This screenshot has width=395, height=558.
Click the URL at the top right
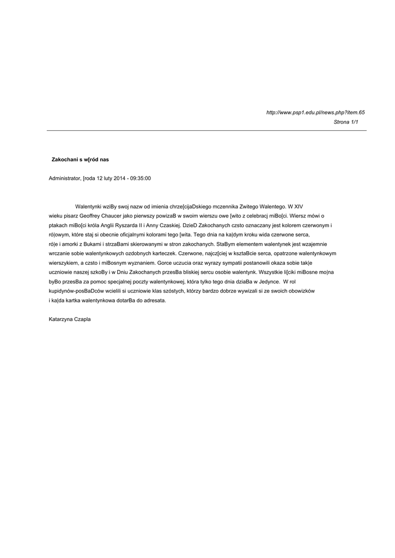(x=315, y=112)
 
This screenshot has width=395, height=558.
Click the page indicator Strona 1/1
(x=346, y=122)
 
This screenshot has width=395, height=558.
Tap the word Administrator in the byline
(x=64, y=178)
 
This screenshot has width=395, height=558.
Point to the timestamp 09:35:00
(x=141, y=178)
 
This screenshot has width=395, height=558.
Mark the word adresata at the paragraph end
(x=154, y=301)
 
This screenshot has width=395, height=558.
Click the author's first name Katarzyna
(x=62, y=319)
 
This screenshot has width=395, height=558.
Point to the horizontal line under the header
(x=206, y=131)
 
